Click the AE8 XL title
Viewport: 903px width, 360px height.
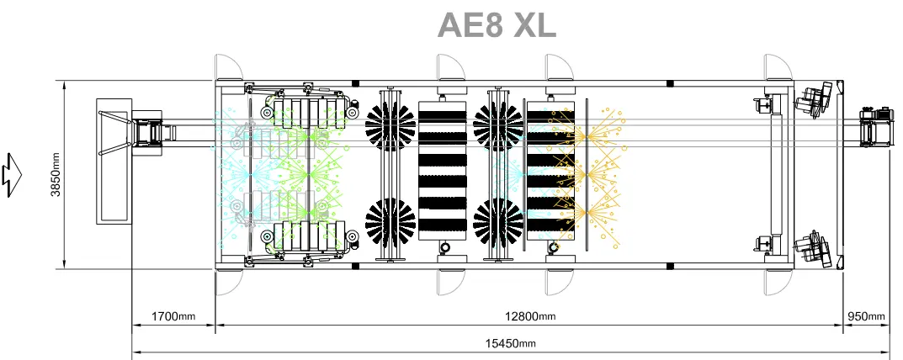[x=497, y=25]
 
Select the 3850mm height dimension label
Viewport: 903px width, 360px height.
[x=56, y=176]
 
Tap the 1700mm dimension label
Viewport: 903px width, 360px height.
[x=173, y=316]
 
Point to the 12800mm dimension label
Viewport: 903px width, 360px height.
[x=530, y=316]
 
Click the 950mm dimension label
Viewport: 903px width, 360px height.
[x=866, y=316]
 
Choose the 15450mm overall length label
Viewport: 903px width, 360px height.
[x=510, y=343]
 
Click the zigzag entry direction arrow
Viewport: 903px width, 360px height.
[x=12, y=174]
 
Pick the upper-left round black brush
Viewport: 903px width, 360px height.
[x=390, y=126]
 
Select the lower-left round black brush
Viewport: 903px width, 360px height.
[x=390, y=222]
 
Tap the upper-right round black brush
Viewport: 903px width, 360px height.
[x=499, y=126]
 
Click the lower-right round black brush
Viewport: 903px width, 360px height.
[x=499, y=222]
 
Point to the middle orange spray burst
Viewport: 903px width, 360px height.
[x=587, y=174]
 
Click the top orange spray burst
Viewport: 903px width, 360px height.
[x=587, y=136]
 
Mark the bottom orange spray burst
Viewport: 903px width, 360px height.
[x=587, y=213]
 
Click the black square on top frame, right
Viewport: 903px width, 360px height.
[x=670, y=84]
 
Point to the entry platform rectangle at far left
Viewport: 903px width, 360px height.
[x=114, y=161]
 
